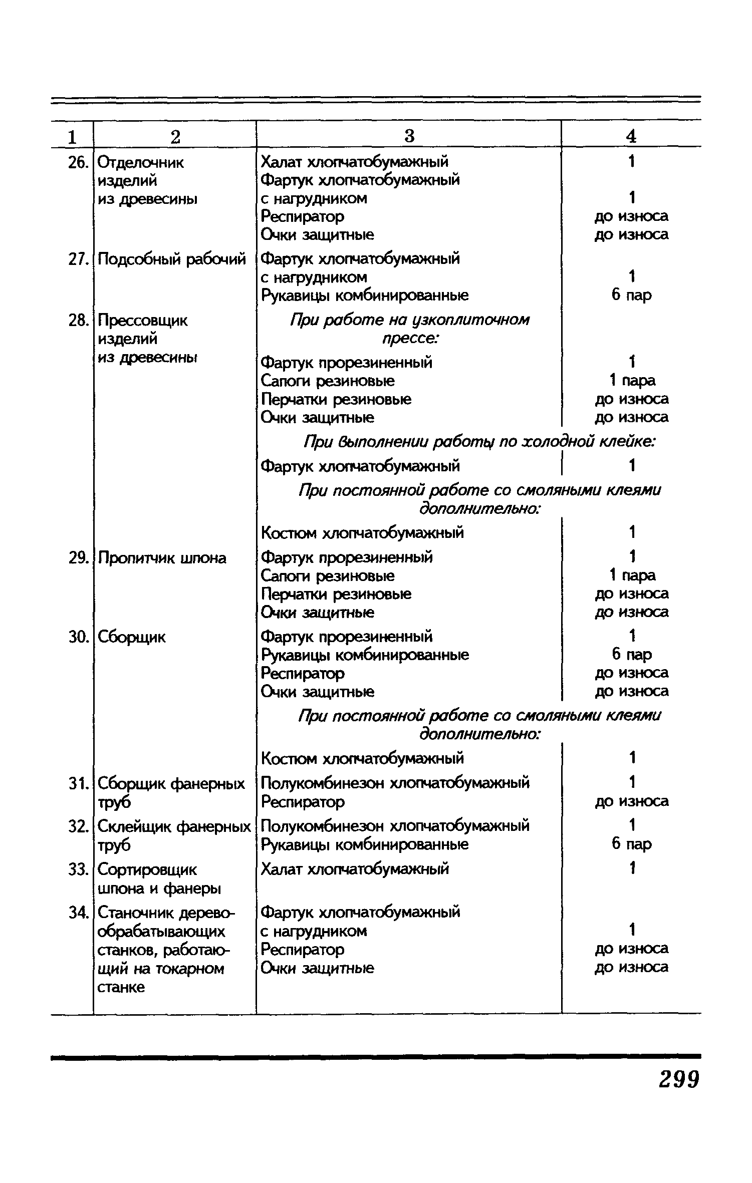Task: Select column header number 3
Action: click(409, 136)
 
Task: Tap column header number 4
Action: click(631, 136)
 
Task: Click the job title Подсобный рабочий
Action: click(172, 259)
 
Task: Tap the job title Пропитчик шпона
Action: click(162, 558)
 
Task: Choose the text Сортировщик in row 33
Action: click(147, 869)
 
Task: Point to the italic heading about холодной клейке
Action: click(480, 442)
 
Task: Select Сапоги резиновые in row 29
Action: click(328, 576)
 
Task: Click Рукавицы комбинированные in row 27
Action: click(365, 295)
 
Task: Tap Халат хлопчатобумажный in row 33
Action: click(355, 869)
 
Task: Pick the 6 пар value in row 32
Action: click(631, 844)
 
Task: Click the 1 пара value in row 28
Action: click(631, 381)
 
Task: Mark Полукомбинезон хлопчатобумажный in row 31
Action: click(395, 783)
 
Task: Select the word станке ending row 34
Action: click(121, 987)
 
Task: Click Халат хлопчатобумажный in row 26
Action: click(355, 162)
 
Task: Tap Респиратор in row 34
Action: click(303, 949)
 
